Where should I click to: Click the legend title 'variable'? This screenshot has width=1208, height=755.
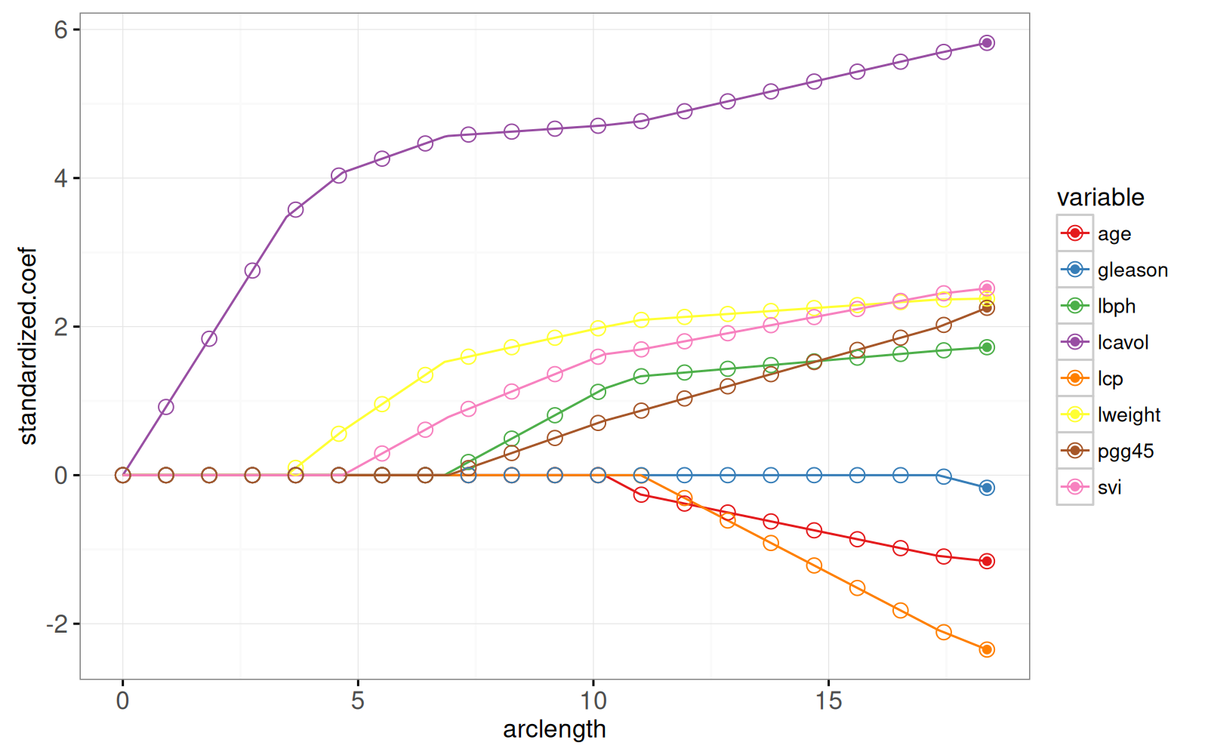1100,198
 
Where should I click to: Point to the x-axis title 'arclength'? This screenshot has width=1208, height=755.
554,729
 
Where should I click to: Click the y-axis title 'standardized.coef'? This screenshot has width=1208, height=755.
28,346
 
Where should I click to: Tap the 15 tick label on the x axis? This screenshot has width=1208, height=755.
828,701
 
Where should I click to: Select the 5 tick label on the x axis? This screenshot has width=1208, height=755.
357,701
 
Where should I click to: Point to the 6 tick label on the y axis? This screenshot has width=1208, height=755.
61,29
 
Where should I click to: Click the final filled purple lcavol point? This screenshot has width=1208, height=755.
986,43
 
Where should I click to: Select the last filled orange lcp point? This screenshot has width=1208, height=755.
986,649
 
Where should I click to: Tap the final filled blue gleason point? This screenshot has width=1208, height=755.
986,488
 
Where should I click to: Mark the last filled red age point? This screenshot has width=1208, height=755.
986,561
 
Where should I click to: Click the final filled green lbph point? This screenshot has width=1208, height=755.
986,347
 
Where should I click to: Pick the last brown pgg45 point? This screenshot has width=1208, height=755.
986,308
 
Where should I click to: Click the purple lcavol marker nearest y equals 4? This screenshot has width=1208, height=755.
339,175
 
